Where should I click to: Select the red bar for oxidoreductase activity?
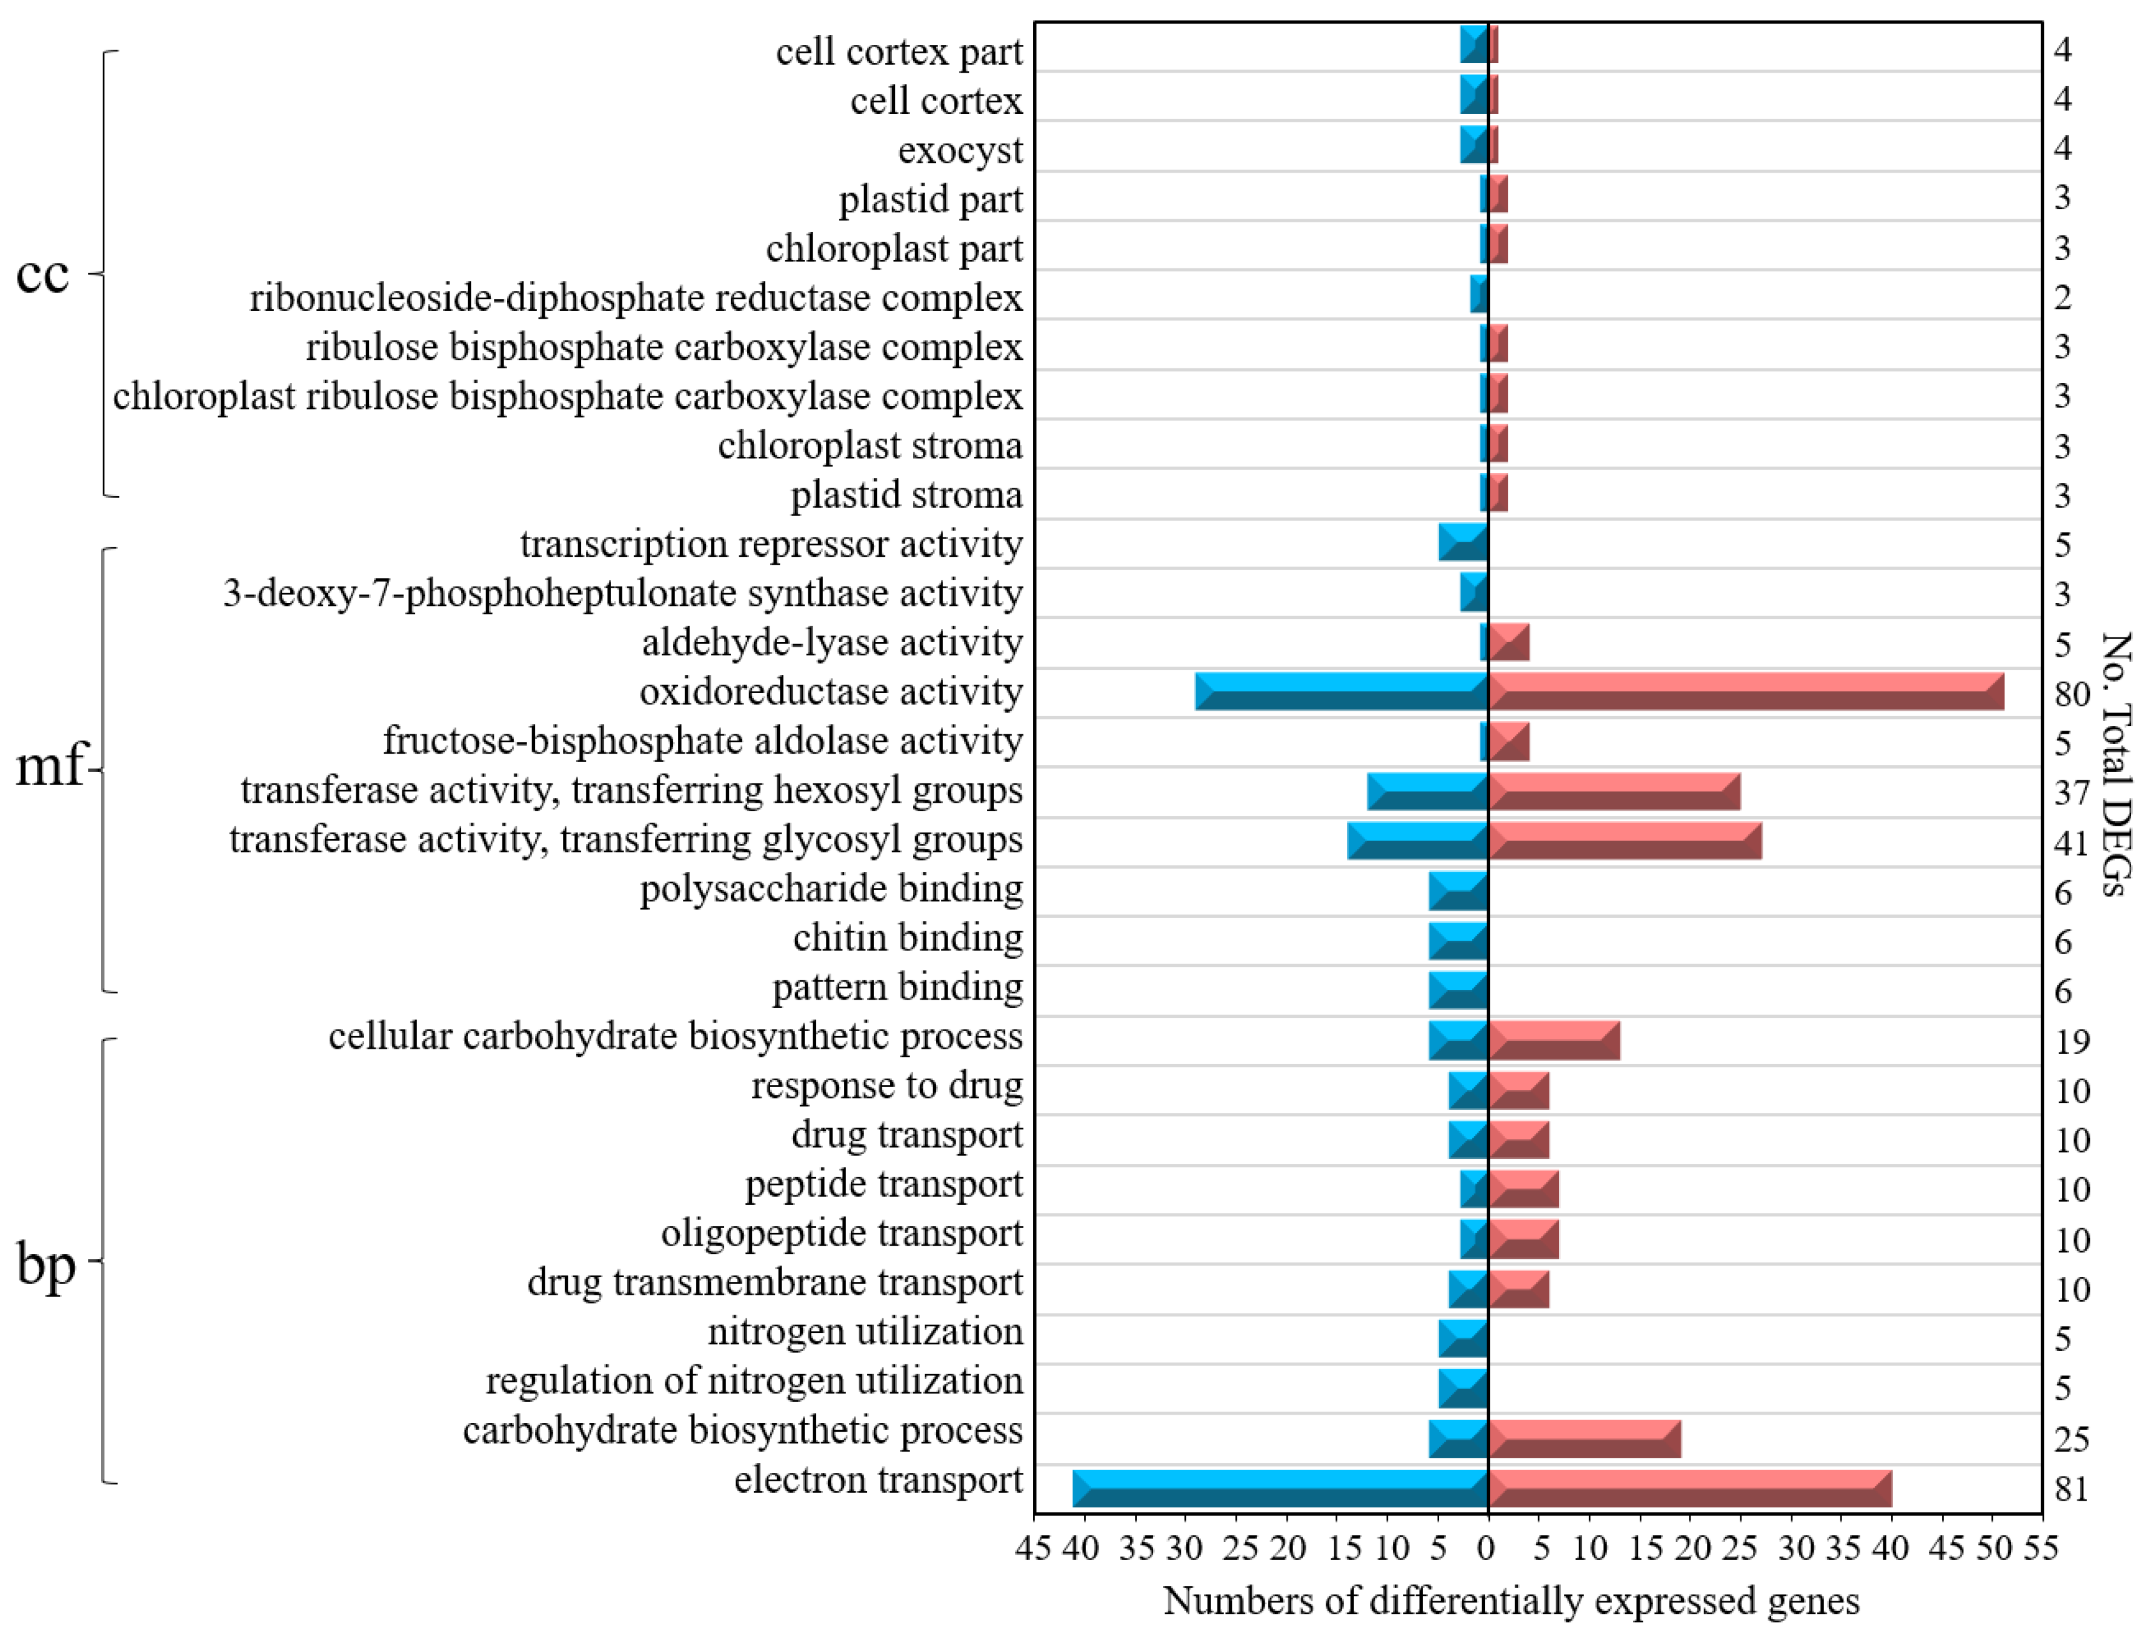tap(1745, 691)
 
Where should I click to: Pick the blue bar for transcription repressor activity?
tap(1463, 542)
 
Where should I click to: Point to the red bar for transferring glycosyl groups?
tap(1624, 840)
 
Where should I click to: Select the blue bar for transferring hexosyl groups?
tap(1427, 790)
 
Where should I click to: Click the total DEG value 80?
tap(2072, 694)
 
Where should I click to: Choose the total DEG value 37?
tap(2072, 793)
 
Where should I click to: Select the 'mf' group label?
tap(48, 766)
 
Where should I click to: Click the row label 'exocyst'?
tap(959, 150)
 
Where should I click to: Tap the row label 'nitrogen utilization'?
tap(865, 1331)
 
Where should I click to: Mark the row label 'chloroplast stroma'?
tap(870, 445)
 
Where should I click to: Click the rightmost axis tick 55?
tap(2040, 1547)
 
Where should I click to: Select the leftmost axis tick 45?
tap(1033, 1547)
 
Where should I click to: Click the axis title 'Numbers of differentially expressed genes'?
tap(1511, 1600)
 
